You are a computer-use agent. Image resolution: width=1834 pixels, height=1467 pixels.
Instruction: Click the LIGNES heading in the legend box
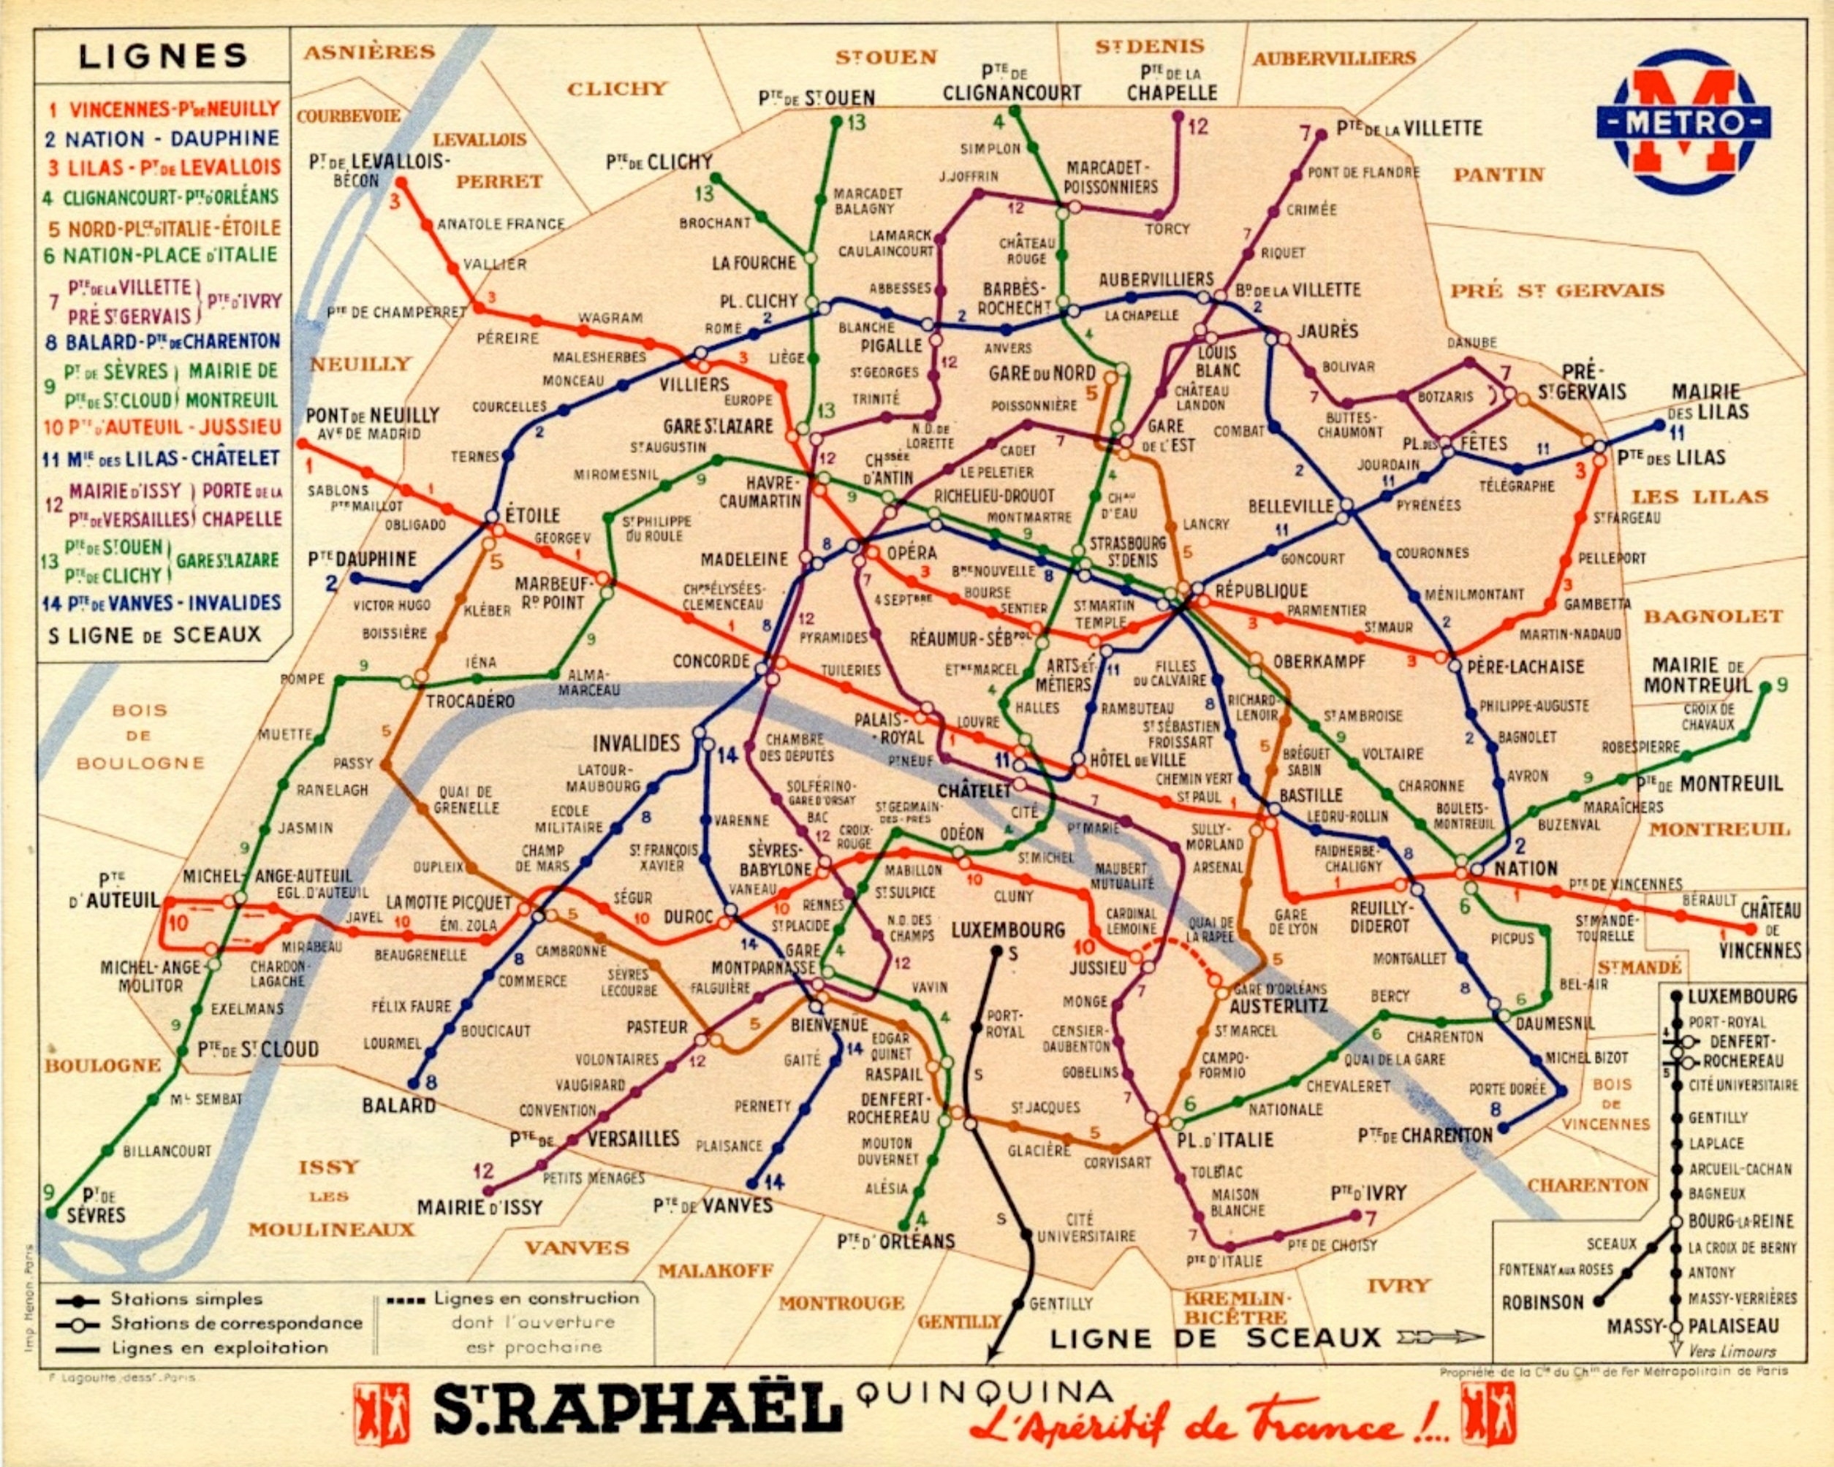click(x=162, y=57)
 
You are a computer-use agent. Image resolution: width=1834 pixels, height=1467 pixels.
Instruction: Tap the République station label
click(x=1261, y=590)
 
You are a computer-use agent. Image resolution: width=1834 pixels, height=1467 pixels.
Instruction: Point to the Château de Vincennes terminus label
click(x=1770, y=929)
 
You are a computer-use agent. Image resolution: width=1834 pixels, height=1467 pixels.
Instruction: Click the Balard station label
click(x=399, y=1105)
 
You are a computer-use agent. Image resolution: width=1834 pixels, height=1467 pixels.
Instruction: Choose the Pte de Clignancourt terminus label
click(x=1012, y=83)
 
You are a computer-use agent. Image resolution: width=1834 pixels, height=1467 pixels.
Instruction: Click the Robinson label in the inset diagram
click(x=1542, y=1303)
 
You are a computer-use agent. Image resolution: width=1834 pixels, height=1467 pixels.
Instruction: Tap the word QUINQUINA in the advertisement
click(x=985, y=1392)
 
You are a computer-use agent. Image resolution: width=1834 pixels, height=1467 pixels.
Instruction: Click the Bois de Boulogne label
click(x=140, y=736)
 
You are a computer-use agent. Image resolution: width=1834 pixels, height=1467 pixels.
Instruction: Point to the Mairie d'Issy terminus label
click(x=479, y=1208)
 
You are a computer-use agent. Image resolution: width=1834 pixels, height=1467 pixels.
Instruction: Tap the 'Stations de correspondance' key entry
click(x=235, y=1323)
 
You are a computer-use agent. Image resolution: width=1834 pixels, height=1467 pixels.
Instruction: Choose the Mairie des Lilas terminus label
click(x=1710, y=401)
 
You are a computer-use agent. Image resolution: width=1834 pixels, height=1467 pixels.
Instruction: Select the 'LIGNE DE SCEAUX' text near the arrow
click(x=1215, y=1338)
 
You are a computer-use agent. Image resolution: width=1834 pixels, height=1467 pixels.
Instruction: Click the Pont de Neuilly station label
click(x=373, y=416)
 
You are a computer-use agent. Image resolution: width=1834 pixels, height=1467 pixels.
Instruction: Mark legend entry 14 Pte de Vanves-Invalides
click(x=162, y=603)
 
